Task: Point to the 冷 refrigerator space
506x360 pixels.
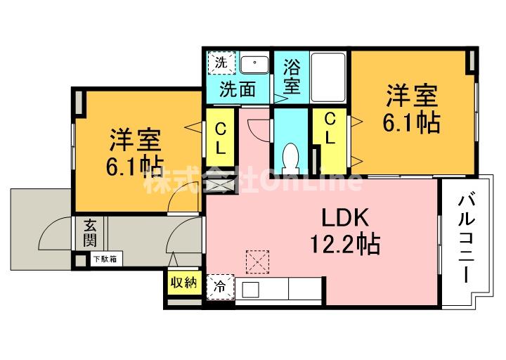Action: pos(221,287)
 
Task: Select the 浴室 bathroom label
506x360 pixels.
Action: pos(292,78)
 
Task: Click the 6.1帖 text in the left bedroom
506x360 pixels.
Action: pos(136,167)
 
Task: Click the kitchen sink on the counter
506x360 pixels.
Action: pos(251,289)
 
